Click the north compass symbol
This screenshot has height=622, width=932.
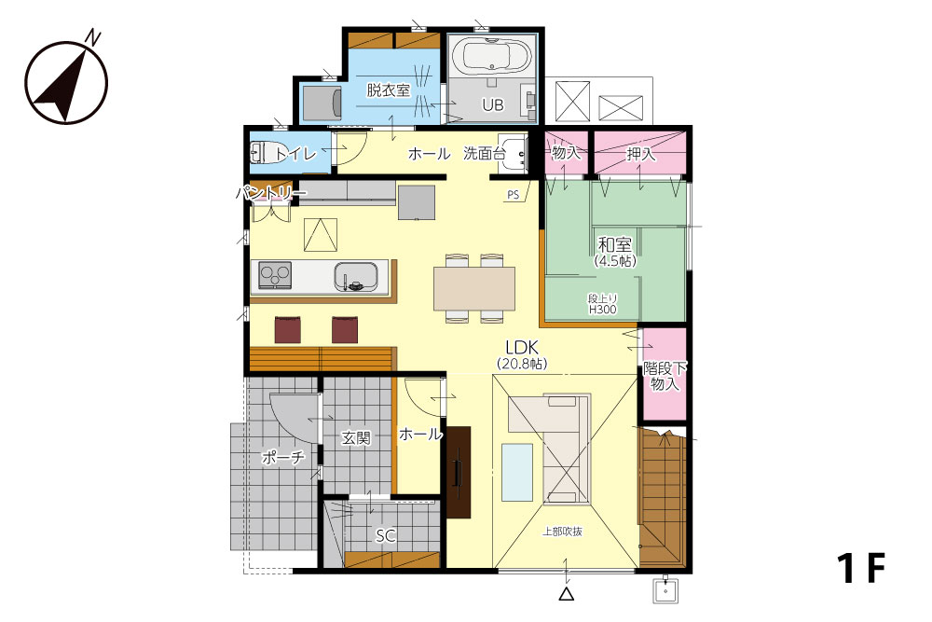[66, 81]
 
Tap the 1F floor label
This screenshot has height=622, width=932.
[861, 568]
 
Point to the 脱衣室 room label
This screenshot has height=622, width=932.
[388, 90]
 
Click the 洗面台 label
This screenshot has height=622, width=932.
[485, 154]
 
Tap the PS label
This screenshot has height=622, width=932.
[513, 195]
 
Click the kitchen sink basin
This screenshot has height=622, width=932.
[356, 277]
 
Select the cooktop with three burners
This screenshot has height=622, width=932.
[275, 275]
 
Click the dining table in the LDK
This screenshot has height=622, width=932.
[474, 288]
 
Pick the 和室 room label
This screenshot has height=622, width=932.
[614, 244]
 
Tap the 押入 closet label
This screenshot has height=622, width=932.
[641, 155]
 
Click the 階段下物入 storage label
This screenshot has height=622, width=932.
[665, 377]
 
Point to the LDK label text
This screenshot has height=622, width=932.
[522, 347]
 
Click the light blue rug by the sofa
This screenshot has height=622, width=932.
[517, 473]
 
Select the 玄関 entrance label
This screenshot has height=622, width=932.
[356, 438]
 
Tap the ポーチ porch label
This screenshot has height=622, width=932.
[283, 457]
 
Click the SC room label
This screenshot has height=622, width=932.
[385, 536]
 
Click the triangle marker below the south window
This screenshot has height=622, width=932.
[567, 593]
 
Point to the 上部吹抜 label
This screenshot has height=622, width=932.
[562, 532]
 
